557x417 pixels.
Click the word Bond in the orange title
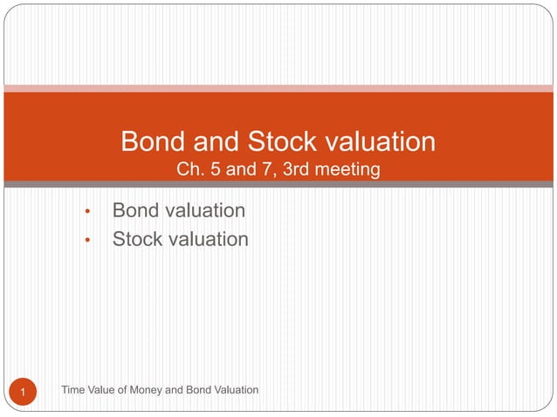click(x=150, y=141)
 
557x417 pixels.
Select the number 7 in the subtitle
click(x=263, y=168)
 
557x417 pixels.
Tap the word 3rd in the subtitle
click(x=292, y=168)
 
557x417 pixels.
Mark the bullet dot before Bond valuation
click(x=87, y=212)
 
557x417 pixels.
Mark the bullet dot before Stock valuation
click(x=87, y=240)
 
